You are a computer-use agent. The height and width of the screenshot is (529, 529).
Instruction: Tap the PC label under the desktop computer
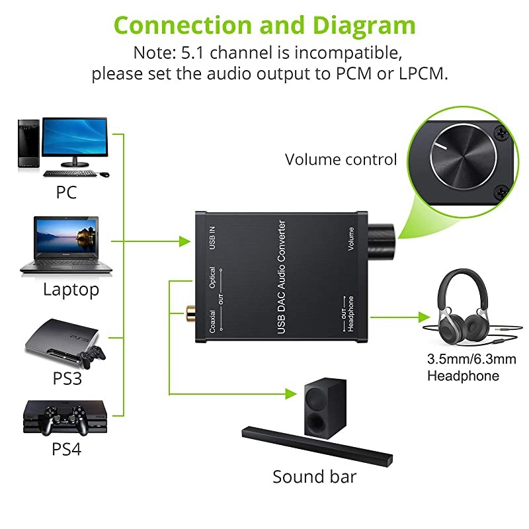click(66, 192)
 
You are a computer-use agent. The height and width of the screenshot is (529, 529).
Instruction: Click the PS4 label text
click(66, 449)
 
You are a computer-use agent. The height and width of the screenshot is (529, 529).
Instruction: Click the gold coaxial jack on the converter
click(192, 309)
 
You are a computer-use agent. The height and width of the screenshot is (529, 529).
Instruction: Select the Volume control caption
click(341, 159)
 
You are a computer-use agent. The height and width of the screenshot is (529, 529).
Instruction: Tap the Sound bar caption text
click(314, 477)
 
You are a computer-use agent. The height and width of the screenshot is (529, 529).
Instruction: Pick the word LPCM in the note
click(420, 73)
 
